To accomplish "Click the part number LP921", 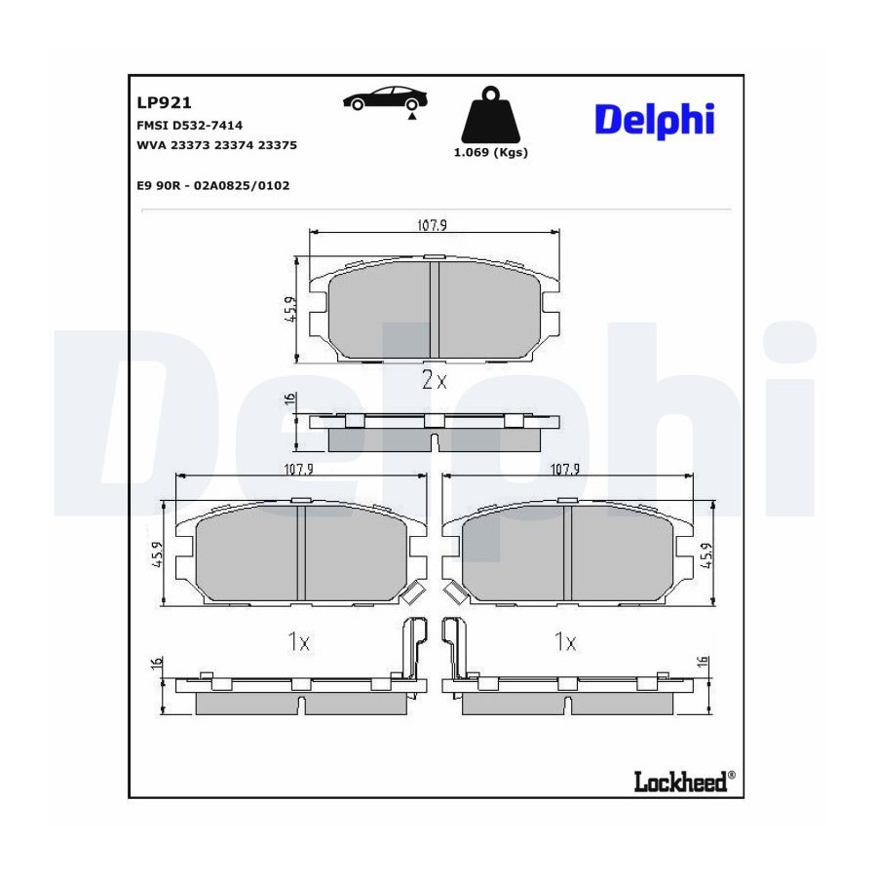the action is (x=164, y=102).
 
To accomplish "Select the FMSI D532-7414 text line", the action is (x=190, y=126).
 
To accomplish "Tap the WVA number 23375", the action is (x=278, y=145).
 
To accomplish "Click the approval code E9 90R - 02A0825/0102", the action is (x=213, y=186).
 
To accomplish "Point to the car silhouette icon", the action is (x=385, y=100).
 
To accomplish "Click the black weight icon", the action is (x=490, y=115).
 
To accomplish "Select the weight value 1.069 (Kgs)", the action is (x=490, y=152).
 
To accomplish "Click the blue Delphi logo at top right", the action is (x=655, y=120).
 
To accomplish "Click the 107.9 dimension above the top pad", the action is (x=432, y=225).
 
